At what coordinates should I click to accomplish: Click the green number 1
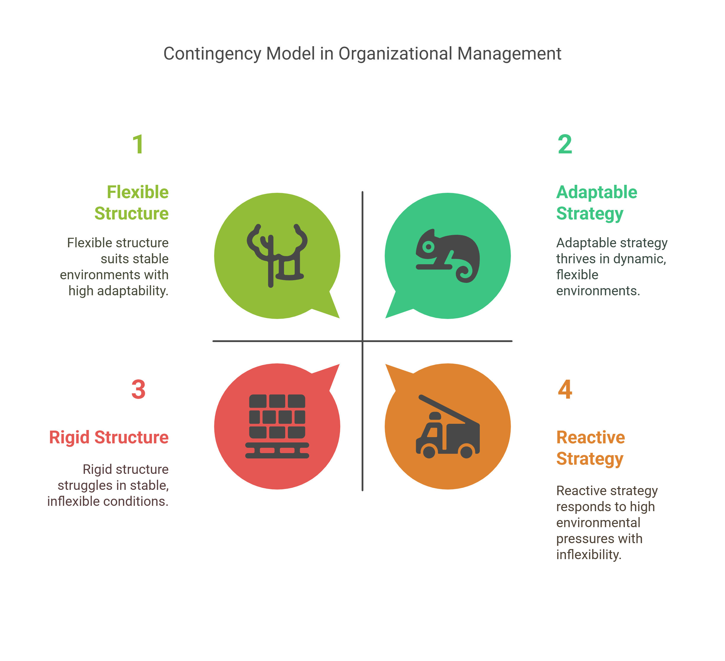click(x=138, y=145)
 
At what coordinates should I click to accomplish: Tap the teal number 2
click(x=564, y=145)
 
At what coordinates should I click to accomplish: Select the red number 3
click(x=138, y=389)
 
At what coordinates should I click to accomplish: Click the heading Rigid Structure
click(x=109, y=437)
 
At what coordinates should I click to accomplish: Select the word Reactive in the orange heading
click(x=591, y=437)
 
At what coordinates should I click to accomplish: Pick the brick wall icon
click(x=277, y=426)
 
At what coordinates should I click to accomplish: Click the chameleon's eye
click(x=428, y=247)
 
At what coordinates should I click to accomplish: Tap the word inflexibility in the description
click(x=589, y=555)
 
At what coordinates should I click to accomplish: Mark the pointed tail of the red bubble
click(x=334, y=369)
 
